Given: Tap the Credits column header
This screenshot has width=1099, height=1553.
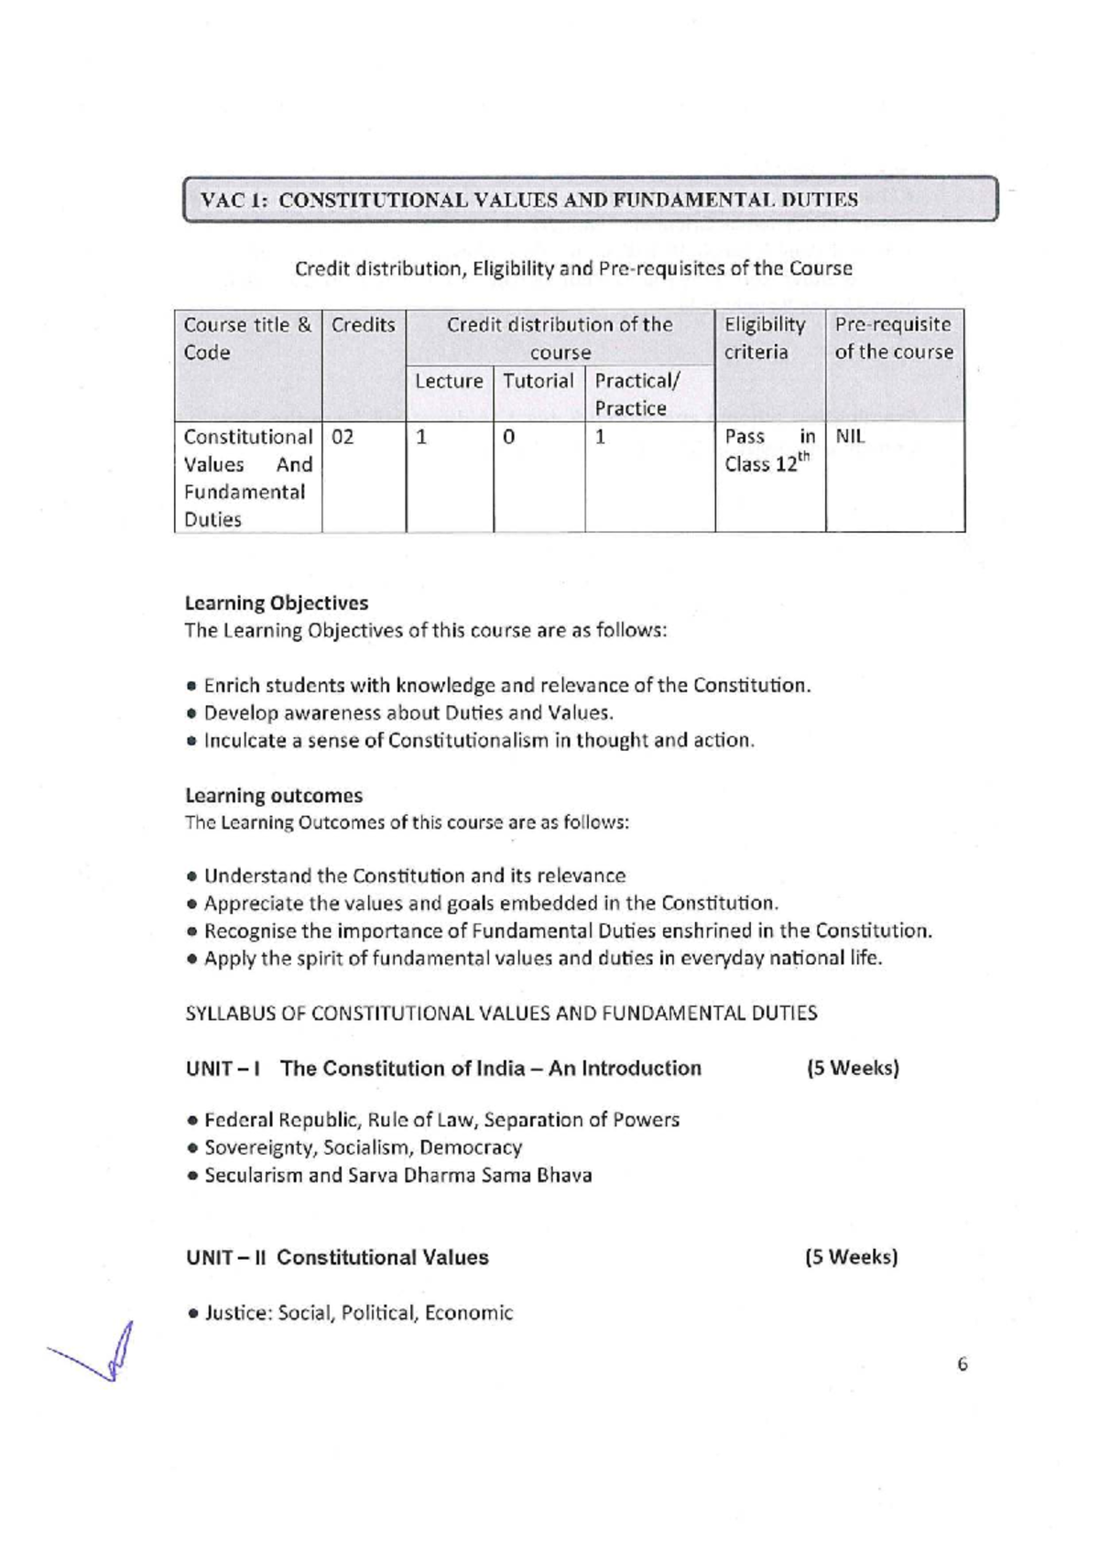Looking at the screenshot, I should point(363,325).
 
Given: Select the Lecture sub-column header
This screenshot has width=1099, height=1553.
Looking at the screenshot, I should point(449,381).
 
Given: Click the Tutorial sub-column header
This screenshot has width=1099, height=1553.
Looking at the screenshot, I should point(539,381).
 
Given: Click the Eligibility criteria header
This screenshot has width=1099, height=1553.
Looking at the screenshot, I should point(766,338).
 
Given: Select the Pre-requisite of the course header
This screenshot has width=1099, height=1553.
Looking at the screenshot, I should point(893,338).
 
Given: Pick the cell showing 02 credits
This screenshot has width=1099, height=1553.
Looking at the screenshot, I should point(343,437).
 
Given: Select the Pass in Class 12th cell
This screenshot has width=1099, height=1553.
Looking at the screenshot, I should point(769,451).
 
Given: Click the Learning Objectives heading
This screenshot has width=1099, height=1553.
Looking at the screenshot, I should point(277,603).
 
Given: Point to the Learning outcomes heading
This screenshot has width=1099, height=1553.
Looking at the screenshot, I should point(274,795).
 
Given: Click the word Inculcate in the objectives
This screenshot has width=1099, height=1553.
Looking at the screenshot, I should point(245,740).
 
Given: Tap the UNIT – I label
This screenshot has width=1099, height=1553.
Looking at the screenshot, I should point(223,1069).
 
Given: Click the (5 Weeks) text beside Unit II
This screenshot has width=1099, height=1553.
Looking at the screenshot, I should point(851,1256).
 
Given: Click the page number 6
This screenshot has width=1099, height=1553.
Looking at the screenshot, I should point(962,1364).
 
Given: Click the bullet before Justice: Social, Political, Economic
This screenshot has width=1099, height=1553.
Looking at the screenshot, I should point(192,1314).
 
